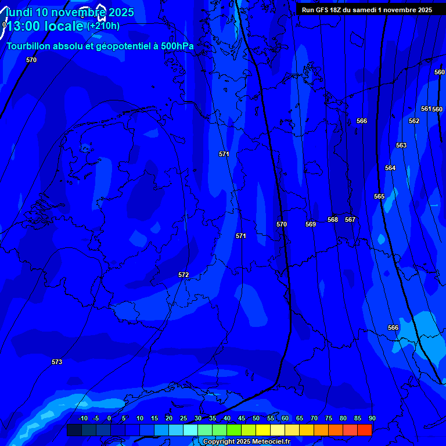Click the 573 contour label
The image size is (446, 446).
tap(56, 362)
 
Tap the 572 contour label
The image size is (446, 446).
tap(184, 275)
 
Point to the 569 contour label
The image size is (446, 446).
tap(311, 224)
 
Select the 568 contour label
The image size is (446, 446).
tap(333, 220)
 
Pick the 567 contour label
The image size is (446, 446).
tap(350, 220)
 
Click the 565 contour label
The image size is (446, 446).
tap(379, 196)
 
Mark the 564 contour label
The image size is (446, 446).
tap(390, 168)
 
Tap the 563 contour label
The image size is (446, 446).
tap(401, 145)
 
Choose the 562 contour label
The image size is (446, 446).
tap(414, 121)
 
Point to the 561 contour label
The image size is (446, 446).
tap(426, 109)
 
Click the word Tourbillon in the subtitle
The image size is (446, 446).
tap(29, 46)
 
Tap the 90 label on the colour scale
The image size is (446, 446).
tap(372, 418)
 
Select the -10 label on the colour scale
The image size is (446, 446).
tap(82, 418)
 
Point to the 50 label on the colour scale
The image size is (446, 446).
tap(256, 418)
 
